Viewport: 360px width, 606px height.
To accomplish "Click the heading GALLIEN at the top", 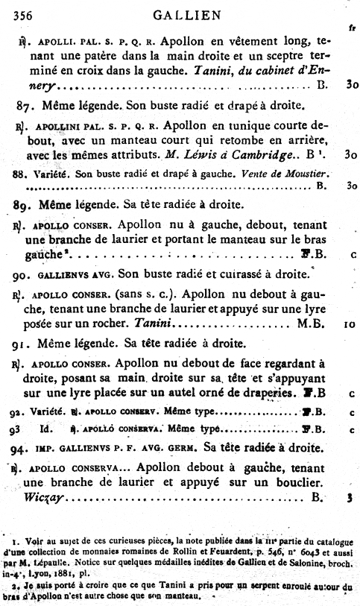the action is click(x=182, y=13).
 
